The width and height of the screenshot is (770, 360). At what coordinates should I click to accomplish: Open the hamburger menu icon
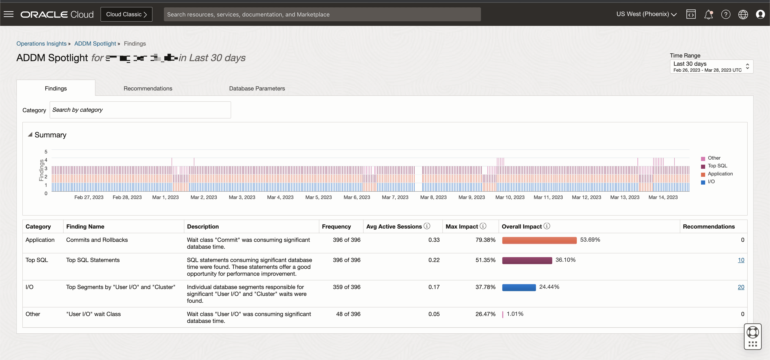coord(9,14)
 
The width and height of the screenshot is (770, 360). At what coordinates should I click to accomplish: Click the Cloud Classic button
coord(126,14)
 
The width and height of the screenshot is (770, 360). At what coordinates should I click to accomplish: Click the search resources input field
coord(322,14)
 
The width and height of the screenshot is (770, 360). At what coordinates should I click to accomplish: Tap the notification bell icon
coord(708,14)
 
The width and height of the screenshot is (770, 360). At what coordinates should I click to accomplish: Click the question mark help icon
coord(726,14)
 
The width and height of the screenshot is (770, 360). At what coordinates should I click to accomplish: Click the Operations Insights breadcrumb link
coord(41,44)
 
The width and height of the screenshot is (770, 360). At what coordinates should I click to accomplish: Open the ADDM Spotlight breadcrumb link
coord(95,44)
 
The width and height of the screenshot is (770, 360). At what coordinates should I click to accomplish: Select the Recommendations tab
coord(148,88)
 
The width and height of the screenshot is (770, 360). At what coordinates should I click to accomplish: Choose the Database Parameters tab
coord(257,88)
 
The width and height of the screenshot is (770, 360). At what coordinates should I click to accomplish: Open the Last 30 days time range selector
coord(711,66)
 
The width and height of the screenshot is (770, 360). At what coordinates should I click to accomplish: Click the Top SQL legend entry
coord(717,166)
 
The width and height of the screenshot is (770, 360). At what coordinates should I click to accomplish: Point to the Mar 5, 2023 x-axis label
coord(318,197)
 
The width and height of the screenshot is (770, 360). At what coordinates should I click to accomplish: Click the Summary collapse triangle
coord(30,135)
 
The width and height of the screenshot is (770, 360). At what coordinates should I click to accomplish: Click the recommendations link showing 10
coord(741,260)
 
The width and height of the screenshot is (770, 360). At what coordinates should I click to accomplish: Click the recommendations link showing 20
coord(741,287)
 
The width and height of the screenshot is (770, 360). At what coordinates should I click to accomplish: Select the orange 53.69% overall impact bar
coord(539,240)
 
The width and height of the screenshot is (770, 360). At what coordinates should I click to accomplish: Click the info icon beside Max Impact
coord(483,226)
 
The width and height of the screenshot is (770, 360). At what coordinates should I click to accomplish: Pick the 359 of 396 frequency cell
coord(346,287)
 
